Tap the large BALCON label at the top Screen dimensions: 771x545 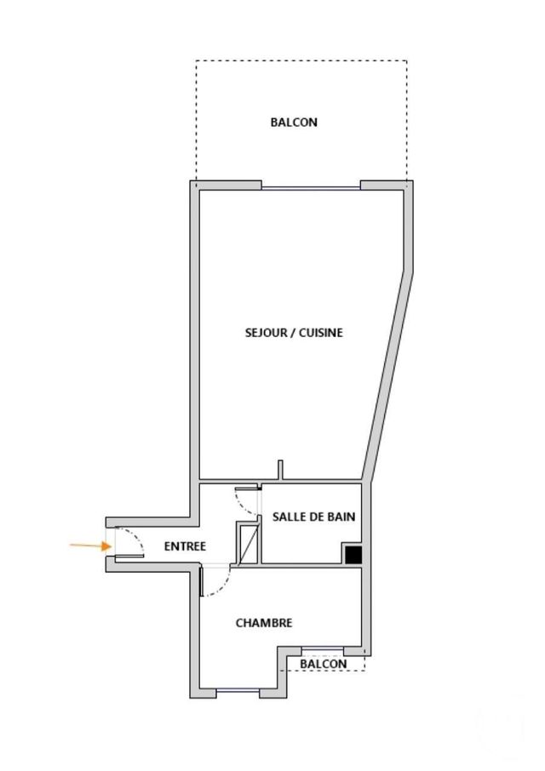pyautogui.click(x=294, y=123)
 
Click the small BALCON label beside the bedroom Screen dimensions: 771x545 pyautogui.click(x=324, y=664)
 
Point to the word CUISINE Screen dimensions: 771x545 pyautogui.click(x=321, y=333)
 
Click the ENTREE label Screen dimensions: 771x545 pyautogui.click(x=185, y=546)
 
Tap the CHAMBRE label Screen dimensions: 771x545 pyautogui.click(x=264, y=623)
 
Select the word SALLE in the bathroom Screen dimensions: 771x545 pyautogui.click(x=289, y=517)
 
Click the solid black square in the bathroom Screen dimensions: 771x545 pyautogui.click(x=353, y=555)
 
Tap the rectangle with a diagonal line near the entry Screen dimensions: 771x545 pyautogui.click(x=249, y=545)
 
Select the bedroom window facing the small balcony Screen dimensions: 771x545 pyautogui.click(x=323, y=650)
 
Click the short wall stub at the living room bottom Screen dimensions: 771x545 pyautogui.click(x=280, y=470)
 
